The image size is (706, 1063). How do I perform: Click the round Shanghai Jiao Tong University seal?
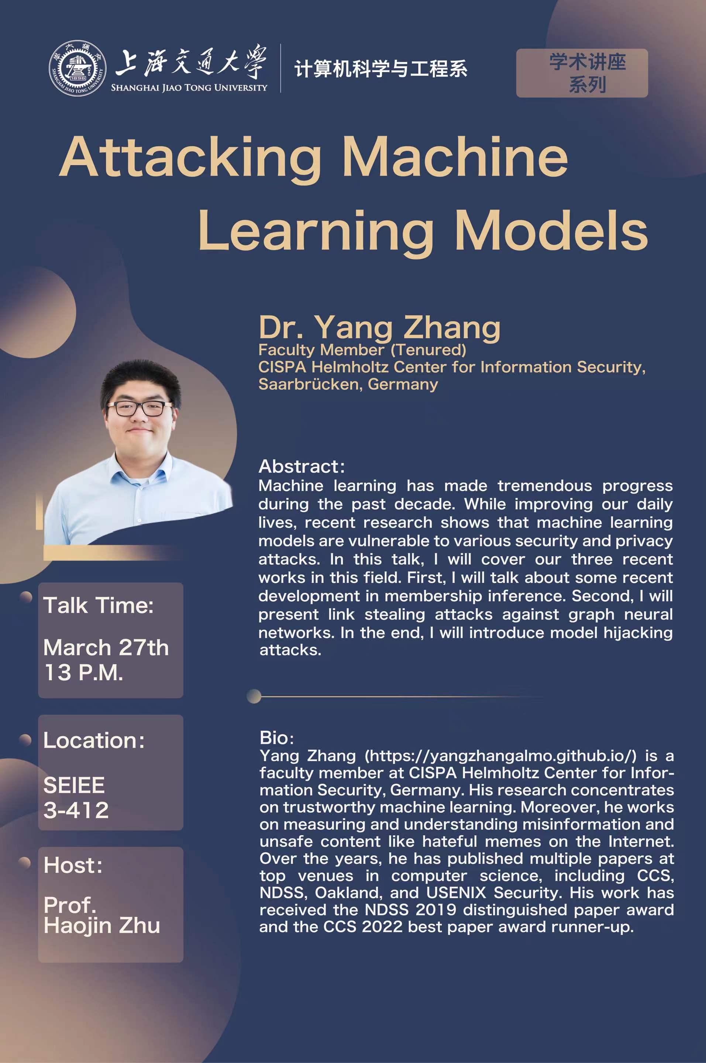78,69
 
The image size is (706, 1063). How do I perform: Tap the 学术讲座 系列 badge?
582,73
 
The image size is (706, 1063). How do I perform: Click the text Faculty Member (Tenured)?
362,350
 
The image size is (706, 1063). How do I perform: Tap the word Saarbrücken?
311,384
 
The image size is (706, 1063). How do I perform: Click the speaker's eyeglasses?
140,408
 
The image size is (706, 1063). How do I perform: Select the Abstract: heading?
302,467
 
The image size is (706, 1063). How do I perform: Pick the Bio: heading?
276,738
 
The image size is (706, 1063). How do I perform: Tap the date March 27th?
106,647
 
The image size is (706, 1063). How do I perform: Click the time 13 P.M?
83,672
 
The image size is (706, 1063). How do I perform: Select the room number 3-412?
76,810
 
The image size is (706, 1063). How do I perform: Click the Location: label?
94,741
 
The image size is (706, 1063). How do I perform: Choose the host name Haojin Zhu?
102,925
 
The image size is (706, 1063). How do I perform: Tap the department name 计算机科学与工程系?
381,69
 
